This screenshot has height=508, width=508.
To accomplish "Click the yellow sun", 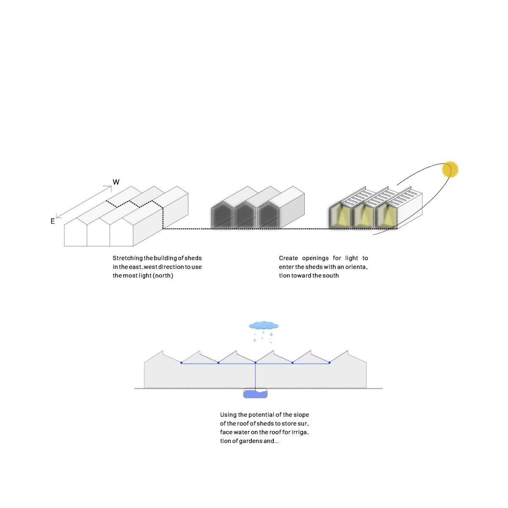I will (x=450, y=169).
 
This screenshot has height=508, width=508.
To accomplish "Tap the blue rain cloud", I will (x=264, y=325).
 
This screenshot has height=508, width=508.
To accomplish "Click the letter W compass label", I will (x=116, y=182).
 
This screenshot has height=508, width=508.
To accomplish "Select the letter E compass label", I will (x=52, y=221).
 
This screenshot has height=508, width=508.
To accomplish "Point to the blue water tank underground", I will (x=255, y=394).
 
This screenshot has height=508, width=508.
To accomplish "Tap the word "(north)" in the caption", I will (x=163, y=276).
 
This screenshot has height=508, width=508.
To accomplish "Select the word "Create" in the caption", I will (x=288, y=258).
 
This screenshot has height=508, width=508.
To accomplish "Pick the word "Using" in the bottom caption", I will (x=228, y=415).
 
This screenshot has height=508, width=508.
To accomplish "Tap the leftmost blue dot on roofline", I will (x=181, y=363).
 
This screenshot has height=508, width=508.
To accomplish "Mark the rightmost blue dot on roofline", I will (x=329, y=363).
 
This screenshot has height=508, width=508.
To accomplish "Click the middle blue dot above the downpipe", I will (x=255, y=363).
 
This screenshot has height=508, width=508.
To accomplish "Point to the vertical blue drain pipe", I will (x=255, y=377).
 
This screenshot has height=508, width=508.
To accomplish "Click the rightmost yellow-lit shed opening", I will (x=386, y=217).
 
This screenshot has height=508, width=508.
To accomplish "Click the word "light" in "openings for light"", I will (x=351, y=258).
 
